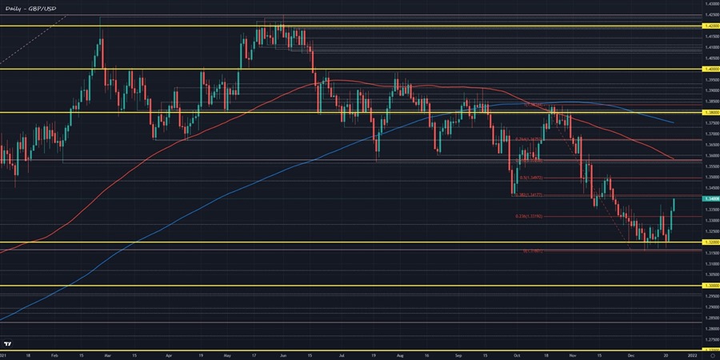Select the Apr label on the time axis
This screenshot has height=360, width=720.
point(169,354)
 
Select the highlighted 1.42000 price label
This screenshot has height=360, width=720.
point(709,26)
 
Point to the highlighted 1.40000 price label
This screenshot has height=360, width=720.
point(709,69)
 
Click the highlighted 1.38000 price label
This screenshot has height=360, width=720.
point(709,113)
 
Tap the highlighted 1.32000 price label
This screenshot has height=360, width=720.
point(709,242)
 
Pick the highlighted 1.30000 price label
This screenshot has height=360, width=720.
point(709,285)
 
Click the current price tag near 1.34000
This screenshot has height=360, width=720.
point(709,198)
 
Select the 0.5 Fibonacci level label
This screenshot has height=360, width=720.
point(531,178)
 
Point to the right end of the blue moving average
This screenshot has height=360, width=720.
point(672,122)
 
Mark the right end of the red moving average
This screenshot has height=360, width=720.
point(672,158)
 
